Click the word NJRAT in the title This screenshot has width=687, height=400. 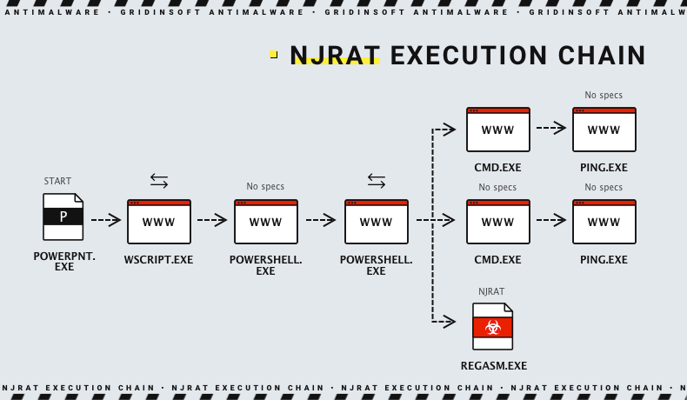point(335,56)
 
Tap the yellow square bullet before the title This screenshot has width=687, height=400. point(273,54)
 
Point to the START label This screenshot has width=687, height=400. point(57,181)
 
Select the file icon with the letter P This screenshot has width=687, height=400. point(63,217)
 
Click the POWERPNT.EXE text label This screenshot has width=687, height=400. point(64,261)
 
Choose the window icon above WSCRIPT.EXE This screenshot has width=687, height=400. point(158,222)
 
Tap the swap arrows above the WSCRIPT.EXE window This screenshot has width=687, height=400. point(158,181)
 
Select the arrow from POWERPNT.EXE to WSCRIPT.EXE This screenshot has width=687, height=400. point(106,221)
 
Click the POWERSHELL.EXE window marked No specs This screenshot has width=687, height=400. point(265,222)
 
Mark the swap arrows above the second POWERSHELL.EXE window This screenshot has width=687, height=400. point(376,181)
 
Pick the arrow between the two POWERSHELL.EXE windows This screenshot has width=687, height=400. point(320,221)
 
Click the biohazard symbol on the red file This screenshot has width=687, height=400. point(493,328)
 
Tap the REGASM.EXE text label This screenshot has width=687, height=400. point(493,366)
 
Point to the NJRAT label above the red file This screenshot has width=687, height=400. point(491,291)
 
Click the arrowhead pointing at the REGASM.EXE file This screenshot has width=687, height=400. point(450,322)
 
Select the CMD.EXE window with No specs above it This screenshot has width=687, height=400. point(497,222)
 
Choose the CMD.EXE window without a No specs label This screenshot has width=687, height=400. point(497,130)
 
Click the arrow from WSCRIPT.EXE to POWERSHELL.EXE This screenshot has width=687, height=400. point(212,221)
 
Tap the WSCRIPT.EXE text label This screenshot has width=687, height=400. point(158,260)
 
